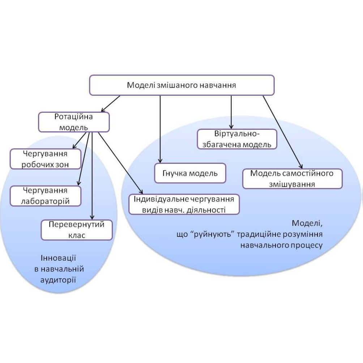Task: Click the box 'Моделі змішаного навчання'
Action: tap(181, 85)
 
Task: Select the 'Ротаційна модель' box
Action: tap(74, 122)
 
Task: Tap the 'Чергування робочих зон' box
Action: tap(45, 159)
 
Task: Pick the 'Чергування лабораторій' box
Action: tap(46, 196)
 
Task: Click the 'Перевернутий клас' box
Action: tap(77, 230)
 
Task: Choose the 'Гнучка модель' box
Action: tap(190, 173)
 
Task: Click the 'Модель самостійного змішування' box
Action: tap(292, 178)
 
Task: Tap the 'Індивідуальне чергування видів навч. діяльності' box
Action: tap(184, 204)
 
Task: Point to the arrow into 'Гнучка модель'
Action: tap(159, 130)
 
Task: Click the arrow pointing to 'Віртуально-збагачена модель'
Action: tap(231, 112)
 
